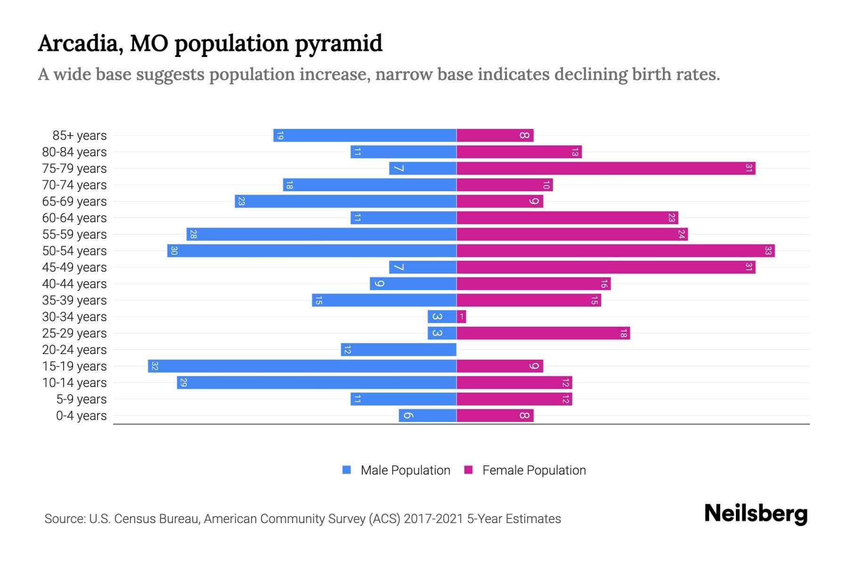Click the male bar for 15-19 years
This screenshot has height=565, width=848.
(x=302, y=366)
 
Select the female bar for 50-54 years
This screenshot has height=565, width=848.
(x=615, y=251)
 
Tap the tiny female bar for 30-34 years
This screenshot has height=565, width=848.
(x=461, y=317)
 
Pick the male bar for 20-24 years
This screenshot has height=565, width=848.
(x=399, y=350)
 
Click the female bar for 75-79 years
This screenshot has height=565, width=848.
(x=605, y=169)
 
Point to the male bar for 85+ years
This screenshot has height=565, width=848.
(x=365, y=136)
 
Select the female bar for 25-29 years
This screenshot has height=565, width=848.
(x=543, y=333)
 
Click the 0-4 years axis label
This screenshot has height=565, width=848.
(x=81, y=416)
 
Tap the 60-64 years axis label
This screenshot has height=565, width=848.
(x=74, y=218)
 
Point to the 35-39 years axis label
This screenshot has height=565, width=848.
(x=74, y=300)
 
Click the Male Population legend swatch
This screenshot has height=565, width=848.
(x=347, y=470)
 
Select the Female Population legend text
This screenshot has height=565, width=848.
(x=534, y=470)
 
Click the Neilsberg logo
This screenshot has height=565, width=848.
(x=756, y=514)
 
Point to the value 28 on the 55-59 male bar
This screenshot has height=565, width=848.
(x=193, y=234)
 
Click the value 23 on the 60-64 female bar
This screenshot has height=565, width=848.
(x=671, y=218)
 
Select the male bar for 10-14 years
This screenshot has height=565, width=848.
(x=317, y=383)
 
